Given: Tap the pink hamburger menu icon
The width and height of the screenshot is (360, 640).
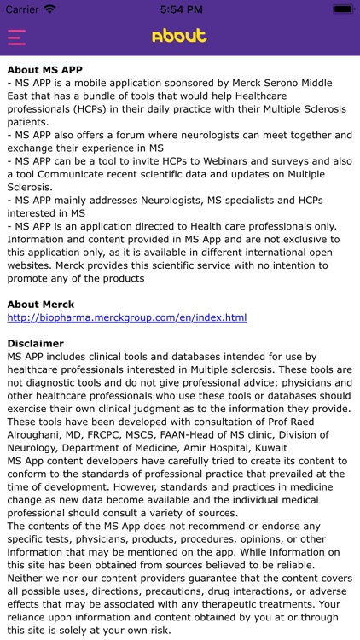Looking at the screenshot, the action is tap(16, 37).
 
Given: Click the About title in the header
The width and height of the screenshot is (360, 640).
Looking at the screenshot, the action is tap(179, 36).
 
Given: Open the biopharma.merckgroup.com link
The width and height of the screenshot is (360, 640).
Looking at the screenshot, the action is tap(126, 317).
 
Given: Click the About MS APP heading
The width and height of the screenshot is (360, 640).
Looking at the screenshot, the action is tap(56, 69).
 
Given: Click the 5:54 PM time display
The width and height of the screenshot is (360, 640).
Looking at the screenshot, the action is tap(179, 9).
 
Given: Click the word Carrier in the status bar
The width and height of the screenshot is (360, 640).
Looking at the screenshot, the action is tap(22, 9).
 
